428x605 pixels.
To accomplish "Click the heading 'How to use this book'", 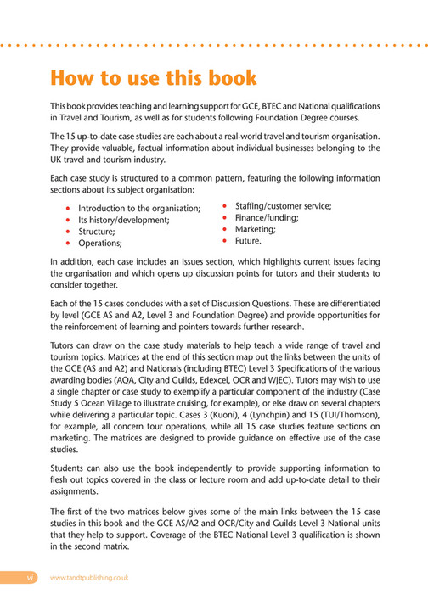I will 154,79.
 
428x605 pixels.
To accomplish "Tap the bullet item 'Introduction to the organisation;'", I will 138,209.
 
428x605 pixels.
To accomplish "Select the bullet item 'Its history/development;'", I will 123,220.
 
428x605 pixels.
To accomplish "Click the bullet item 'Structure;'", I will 97,232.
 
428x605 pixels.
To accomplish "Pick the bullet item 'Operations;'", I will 101,243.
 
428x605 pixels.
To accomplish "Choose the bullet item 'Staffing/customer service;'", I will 283,206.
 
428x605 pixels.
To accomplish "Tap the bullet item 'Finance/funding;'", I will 266,217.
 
